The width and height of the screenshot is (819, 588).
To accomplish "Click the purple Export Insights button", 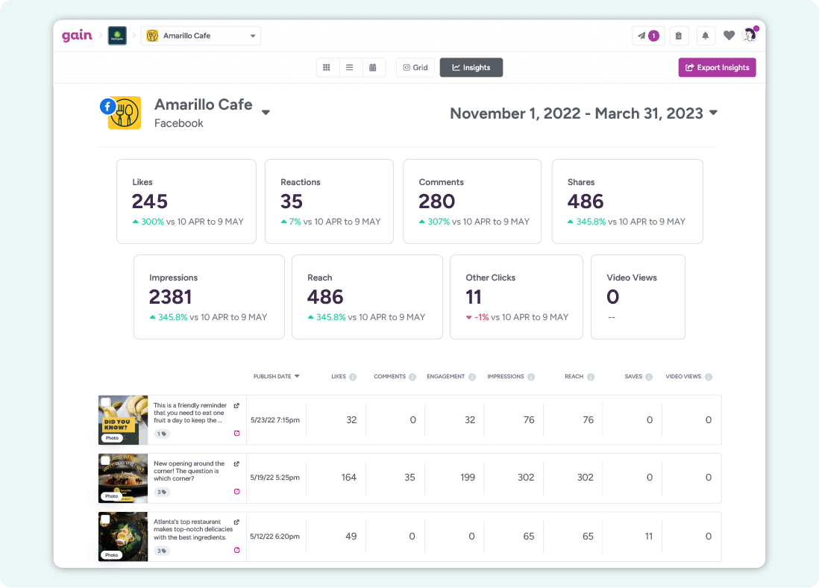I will tap(717, 67).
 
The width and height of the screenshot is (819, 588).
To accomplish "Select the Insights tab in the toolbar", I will tap(471, 67).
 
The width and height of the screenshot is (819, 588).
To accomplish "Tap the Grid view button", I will tap(415, 67).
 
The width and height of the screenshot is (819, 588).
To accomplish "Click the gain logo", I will tap(77, 36).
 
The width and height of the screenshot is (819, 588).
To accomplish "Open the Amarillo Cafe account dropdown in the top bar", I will tap(201, 36).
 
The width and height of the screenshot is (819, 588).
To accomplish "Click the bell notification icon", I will tap(704, 36).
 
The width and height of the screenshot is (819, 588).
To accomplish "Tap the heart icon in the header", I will tap(729, 36).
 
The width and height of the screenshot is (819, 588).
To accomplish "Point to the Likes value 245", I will tap(150, 201).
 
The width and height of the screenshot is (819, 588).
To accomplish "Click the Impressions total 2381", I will tap(171, 297).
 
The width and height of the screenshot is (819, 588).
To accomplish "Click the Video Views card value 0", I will tap(612, 297).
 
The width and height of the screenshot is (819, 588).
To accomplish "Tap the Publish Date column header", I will tap(276, 377).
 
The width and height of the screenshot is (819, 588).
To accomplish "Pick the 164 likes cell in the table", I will tap(348, 478).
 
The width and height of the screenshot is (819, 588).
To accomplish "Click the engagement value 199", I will tap(468, 478).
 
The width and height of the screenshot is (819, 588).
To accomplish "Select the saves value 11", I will tap(649, 536).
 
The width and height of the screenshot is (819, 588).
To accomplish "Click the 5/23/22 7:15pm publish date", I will tap(274, 420).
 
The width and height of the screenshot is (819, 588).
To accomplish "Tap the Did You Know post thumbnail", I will tap(123, 420).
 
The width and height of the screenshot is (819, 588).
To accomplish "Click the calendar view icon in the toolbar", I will tap(372, 67).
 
